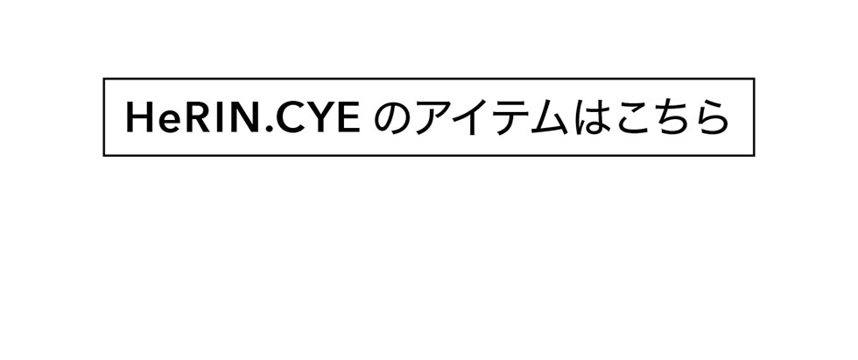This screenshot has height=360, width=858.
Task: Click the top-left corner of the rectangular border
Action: pos(104,79)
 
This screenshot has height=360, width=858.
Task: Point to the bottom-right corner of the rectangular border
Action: pos(754,155)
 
